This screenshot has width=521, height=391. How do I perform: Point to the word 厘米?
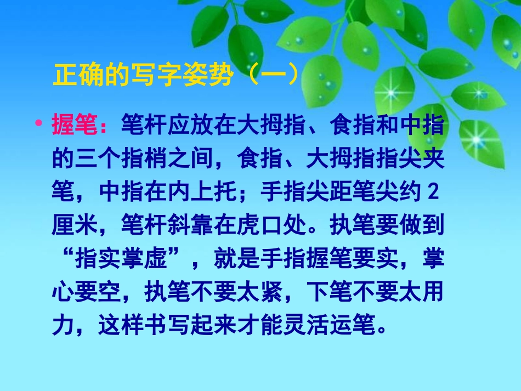click(75, 225)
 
